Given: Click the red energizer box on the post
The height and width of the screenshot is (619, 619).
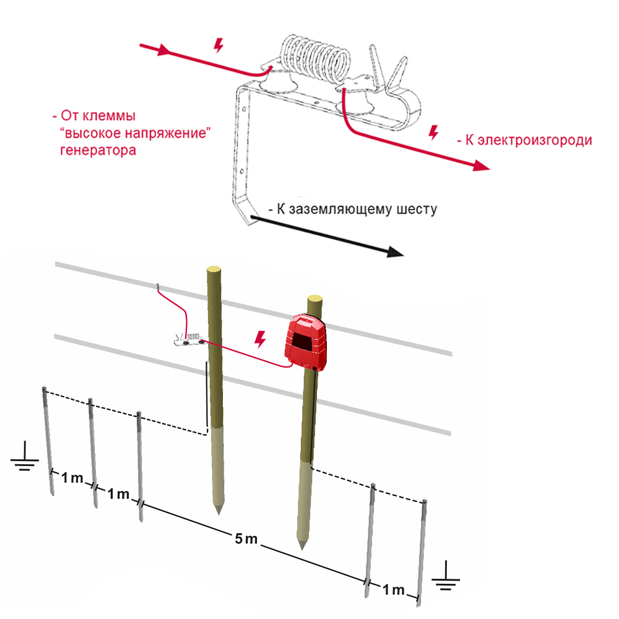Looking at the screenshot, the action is coord(306,342).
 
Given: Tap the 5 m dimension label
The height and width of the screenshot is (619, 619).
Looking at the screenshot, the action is coord(246,539).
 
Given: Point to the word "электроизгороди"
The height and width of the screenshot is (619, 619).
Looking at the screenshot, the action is coord(535,140).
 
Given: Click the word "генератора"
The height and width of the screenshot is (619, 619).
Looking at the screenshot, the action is coord(98,150).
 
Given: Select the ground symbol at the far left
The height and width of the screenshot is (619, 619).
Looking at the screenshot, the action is coord(25,456).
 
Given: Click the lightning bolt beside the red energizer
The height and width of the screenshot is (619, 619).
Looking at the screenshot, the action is coord(260,339).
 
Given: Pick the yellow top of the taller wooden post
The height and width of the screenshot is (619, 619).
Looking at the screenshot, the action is coord(214,269).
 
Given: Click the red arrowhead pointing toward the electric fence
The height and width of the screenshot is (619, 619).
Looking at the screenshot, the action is coord(481,166).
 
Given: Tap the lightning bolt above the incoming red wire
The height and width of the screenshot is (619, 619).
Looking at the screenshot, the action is coord(219,45).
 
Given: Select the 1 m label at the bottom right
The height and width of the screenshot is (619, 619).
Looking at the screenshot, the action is coord(394,590).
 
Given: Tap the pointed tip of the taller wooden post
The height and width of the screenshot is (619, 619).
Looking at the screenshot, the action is coord(219,514).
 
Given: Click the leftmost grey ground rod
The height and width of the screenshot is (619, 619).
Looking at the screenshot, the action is coord(48,441).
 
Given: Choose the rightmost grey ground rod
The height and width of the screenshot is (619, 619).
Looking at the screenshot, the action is coord(421,553).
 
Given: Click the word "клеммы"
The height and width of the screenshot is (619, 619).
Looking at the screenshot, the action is coord(109,116).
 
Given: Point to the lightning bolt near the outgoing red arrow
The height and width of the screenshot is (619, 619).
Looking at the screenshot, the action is coord(434,132).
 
